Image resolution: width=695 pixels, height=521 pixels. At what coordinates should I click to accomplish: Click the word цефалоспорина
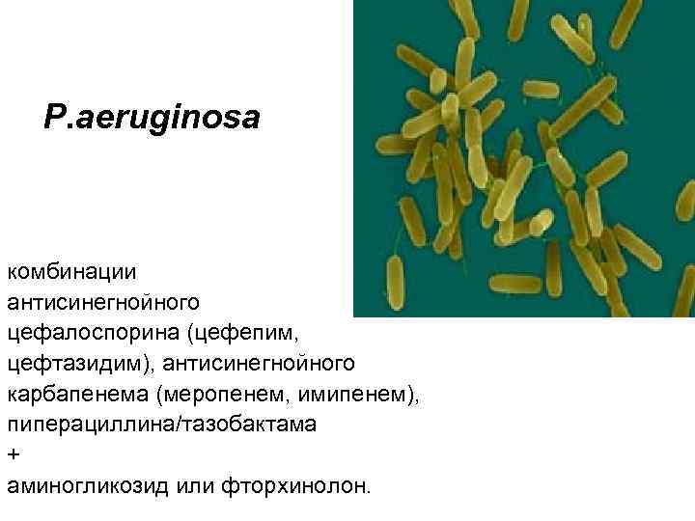pyautogui.click(x=95, y=334)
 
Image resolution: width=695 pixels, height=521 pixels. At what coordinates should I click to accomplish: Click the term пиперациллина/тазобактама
pyautogui.click(x=160, y=425)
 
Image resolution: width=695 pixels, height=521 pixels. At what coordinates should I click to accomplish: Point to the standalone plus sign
pyautogui.click(x=12, y=454)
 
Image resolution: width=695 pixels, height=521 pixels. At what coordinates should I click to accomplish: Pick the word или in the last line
pyautogui.click(x=196, y=485)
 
